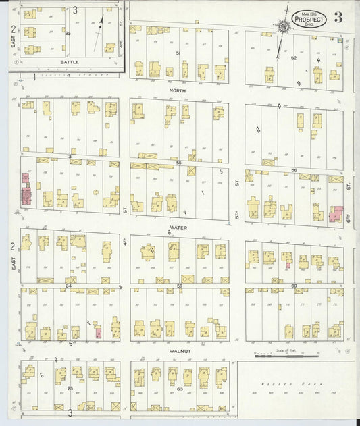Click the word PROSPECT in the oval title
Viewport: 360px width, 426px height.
pyautogui.click(x=309, y=20)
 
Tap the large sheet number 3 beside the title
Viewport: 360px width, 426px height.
pyautogui.click(x=338, y=18)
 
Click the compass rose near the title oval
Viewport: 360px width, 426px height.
pyautogui.click(x=283, y=26)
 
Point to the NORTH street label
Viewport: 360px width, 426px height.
pyautogui.click(x=178, y=90)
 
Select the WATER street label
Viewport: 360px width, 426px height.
pyautogui.click(x=179, y=228)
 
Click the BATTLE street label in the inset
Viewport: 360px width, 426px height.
pyautogui.click(x=70, y=62)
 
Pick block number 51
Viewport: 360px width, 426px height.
pyautogui.click(x=178, y=53)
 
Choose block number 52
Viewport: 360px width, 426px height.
pyautogui.click(x=294, y=58)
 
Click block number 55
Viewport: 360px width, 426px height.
pyautogui.click(x=179, y=163)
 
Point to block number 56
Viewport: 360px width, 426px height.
pyautogui.click(x=294, y=170)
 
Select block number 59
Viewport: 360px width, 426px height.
pyautogui.click(x=179, y=286)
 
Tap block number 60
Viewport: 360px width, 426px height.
pyautogui.click(x=294, y=286)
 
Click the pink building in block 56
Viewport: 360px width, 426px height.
pyautogui.click(x=336, y=214)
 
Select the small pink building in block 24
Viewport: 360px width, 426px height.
pyautogui.click(x=99, y=332)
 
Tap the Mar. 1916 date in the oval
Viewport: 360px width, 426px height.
pyautogui.click(x=309, y=11)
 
